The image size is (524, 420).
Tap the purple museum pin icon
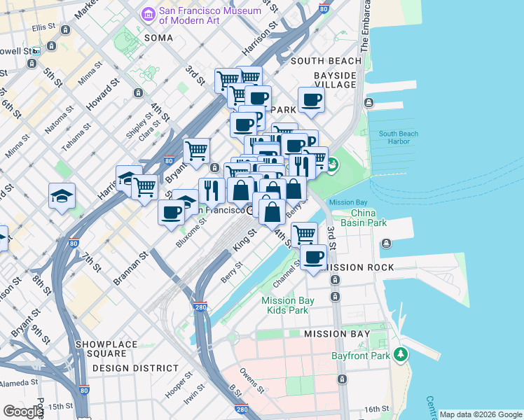tap(148, 14)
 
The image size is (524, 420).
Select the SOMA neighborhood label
tap(158, 37)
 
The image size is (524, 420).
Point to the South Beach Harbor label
tap(398, 138)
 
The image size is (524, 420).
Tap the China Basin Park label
tap(368, 218)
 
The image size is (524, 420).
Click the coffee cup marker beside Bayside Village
tap(312, 99)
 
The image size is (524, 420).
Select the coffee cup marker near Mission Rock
tap(314, 257)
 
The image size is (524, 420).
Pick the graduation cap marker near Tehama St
tap(62, 197)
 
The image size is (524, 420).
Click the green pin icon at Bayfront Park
tap(400, 355)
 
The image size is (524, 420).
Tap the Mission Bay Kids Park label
tap(285, 305)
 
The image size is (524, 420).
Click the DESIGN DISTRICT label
tap(135, 368)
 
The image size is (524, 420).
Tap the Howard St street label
tap(102, 94)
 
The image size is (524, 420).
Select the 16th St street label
tap(376, 409)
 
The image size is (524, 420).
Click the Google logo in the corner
tap(23, 412)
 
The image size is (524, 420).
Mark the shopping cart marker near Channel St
tap(304, 234)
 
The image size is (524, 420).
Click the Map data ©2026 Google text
tap(481, 414)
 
